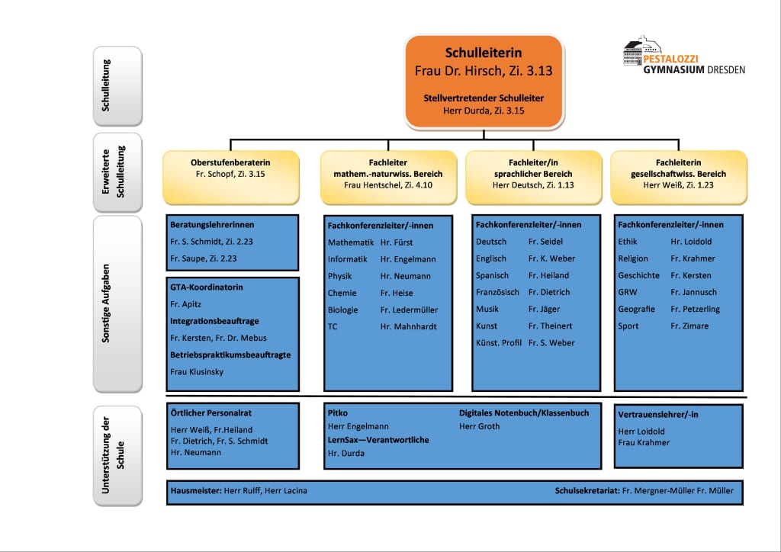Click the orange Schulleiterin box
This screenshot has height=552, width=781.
(484, 82)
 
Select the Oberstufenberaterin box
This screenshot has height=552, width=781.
(230, 177)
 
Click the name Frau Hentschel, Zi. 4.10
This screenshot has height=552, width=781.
(388, 185)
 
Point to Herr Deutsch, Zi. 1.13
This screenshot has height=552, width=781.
(533, 185)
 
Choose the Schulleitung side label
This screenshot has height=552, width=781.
(117, 86)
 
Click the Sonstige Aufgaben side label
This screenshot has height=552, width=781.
(117, 303)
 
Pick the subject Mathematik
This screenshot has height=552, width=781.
(351, 242)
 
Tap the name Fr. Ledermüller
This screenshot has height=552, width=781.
(409, 310)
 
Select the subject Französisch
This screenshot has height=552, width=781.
(497, 292)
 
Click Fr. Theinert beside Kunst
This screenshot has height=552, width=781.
(551, 326)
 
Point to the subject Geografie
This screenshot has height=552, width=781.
(637, 309)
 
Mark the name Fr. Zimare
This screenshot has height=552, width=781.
(689, 326)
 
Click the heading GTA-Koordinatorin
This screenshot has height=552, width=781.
(207, 287)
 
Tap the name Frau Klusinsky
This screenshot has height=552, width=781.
(197, 372)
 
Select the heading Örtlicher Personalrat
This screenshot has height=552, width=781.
(211, 413)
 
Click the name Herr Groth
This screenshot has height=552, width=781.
(479, 426)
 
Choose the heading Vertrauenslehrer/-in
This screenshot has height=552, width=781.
(658, 415)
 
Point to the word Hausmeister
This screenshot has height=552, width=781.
(196, 491)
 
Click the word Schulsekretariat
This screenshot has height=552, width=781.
(587, 491)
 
